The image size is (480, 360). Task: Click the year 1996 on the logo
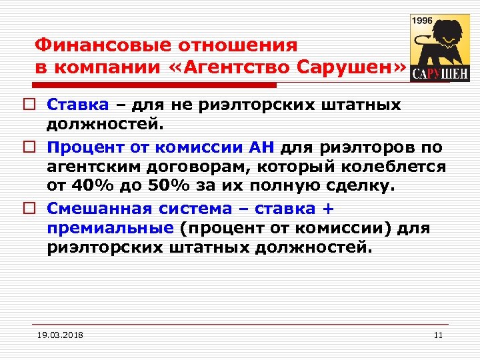423,21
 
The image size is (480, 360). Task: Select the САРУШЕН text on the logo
439,73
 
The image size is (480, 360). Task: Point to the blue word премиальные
110,228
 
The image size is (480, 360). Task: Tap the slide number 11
438,335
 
